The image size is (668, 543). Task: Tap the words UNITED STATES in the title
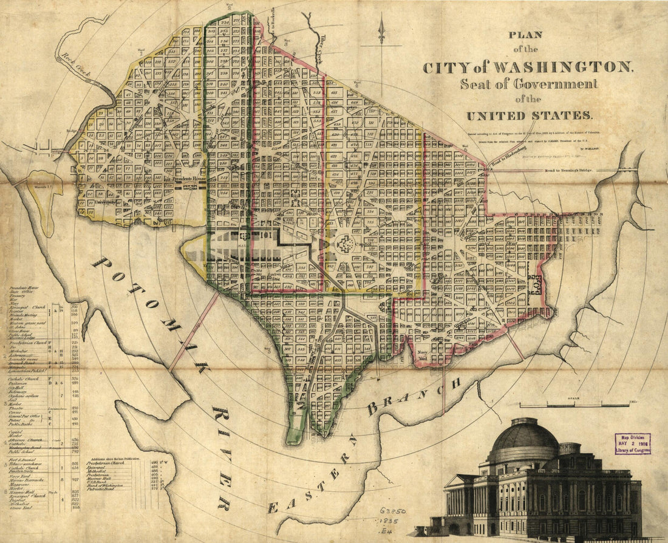coord(528,115)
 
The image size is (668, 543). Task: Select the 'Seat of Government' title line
coord(528,84)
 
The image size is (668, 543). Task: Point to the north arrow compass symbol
coord(381,30)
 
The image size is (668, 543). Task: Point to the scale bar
coord(574,404)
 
